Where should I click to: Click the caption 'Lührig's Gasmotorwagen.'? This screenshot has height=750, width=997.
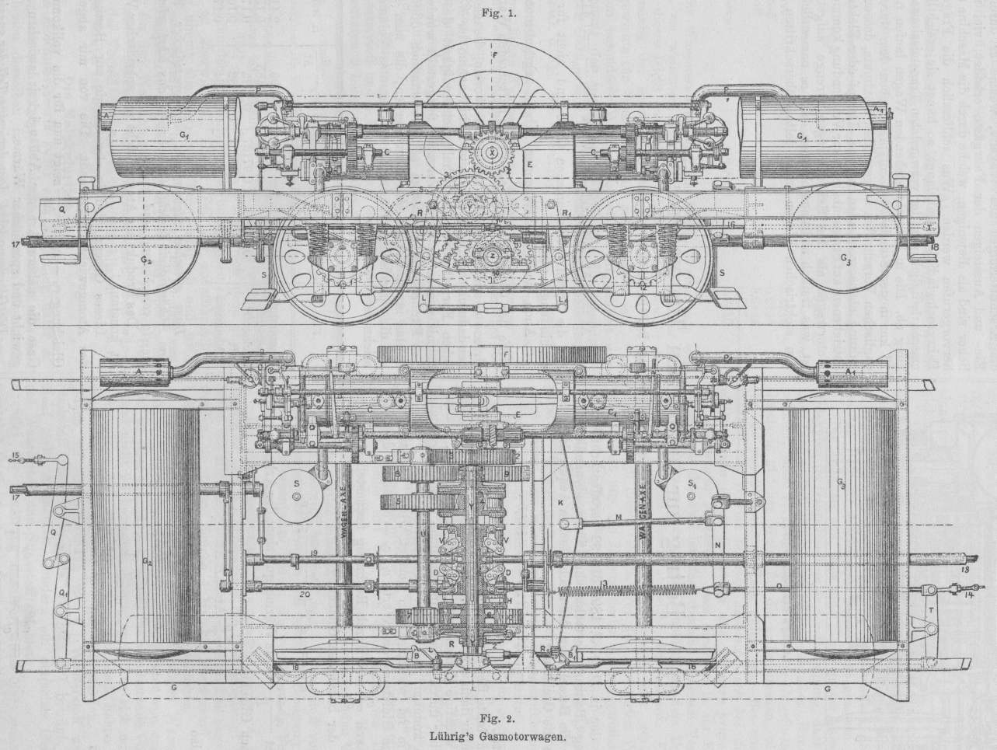point(497,732)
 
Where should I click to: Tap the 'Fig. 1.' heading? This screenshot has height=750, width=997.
point(497,13)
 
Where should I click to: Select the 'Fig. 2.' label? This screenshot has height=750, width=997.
point(497,717)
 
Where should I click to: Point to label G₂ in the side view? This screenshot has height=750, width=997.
point(146,260)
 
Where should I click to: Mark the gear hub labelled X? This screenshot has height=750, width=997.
point(492,152)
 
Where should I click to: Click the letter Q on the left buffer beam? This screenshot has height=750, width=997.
point(61,209)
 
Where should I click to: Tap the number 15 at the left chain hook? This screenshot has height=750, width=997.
point(16,455)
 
